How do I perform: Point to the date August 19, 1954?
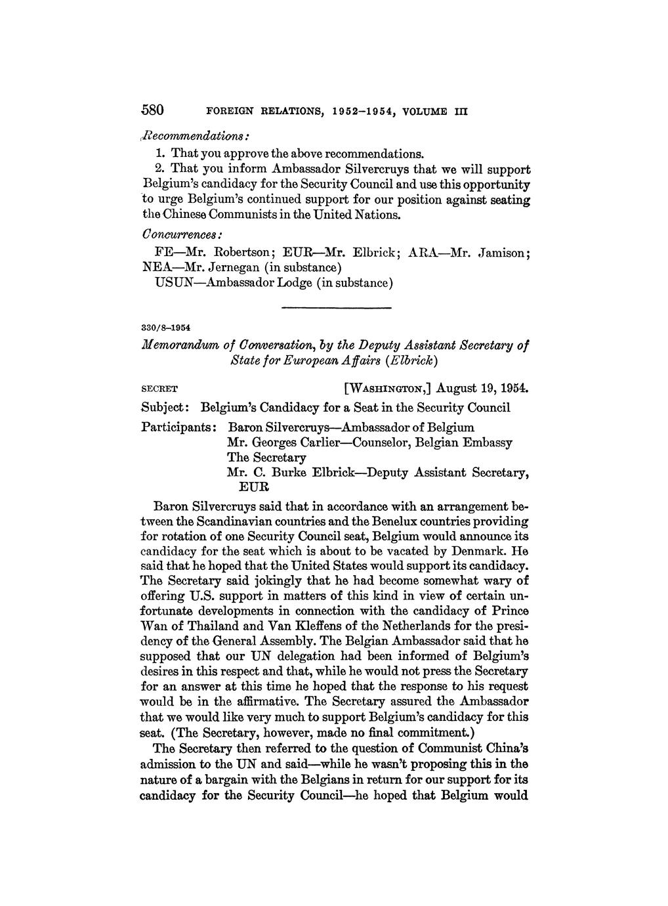[x=477, y=388]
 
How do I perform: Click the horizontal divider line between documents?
[x=336, y=307]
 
